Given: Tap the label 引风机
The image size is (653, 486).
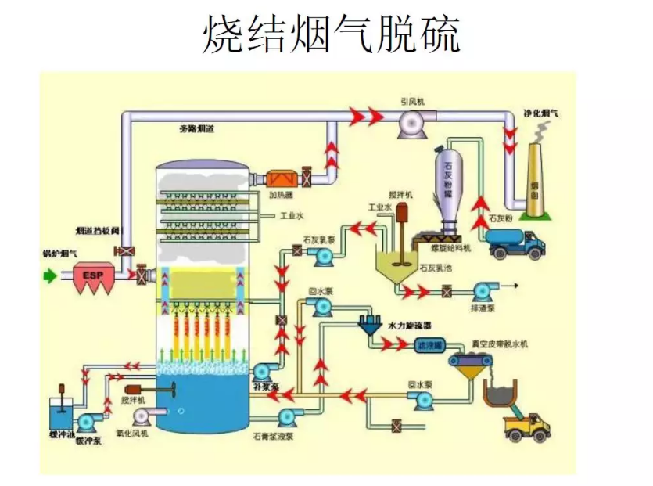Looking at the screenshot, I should point(411,102).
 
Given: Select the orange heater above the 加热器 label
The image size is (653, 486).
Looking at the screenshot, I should point(279,178).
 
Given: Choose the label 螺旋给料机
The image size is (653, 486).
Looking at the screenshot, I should point(451,248).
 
